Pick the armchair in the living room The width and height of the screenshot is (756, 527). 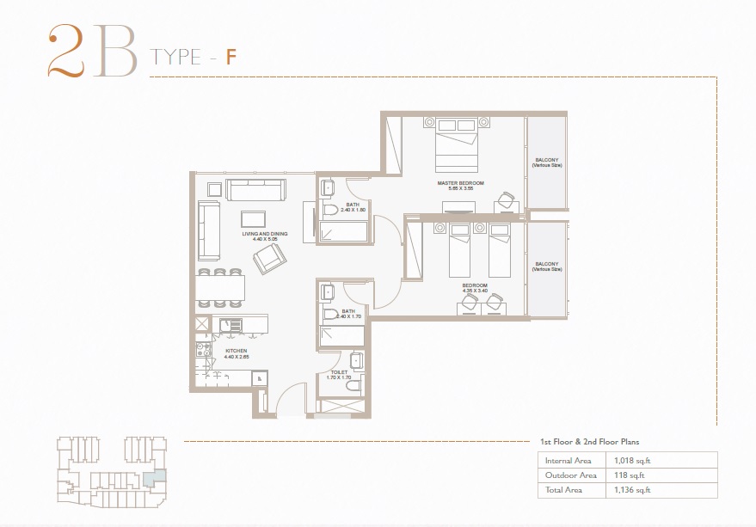(x=269, y=257)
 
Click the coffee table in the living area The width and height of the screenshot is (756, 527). (x=253, y=218)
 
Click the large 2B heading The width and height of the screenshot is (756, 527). (x=90, y=52)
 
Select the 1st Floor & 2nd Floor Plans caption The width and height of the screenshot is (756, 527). (x=589, y=442)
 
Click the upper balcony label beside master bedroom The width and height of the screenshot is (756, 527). (x=546, y=162)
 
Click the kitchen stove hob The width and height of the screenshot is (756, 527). (x=203, y=350)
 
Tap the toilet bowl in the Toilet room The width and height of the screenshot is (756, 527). (x=351, y=388)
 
